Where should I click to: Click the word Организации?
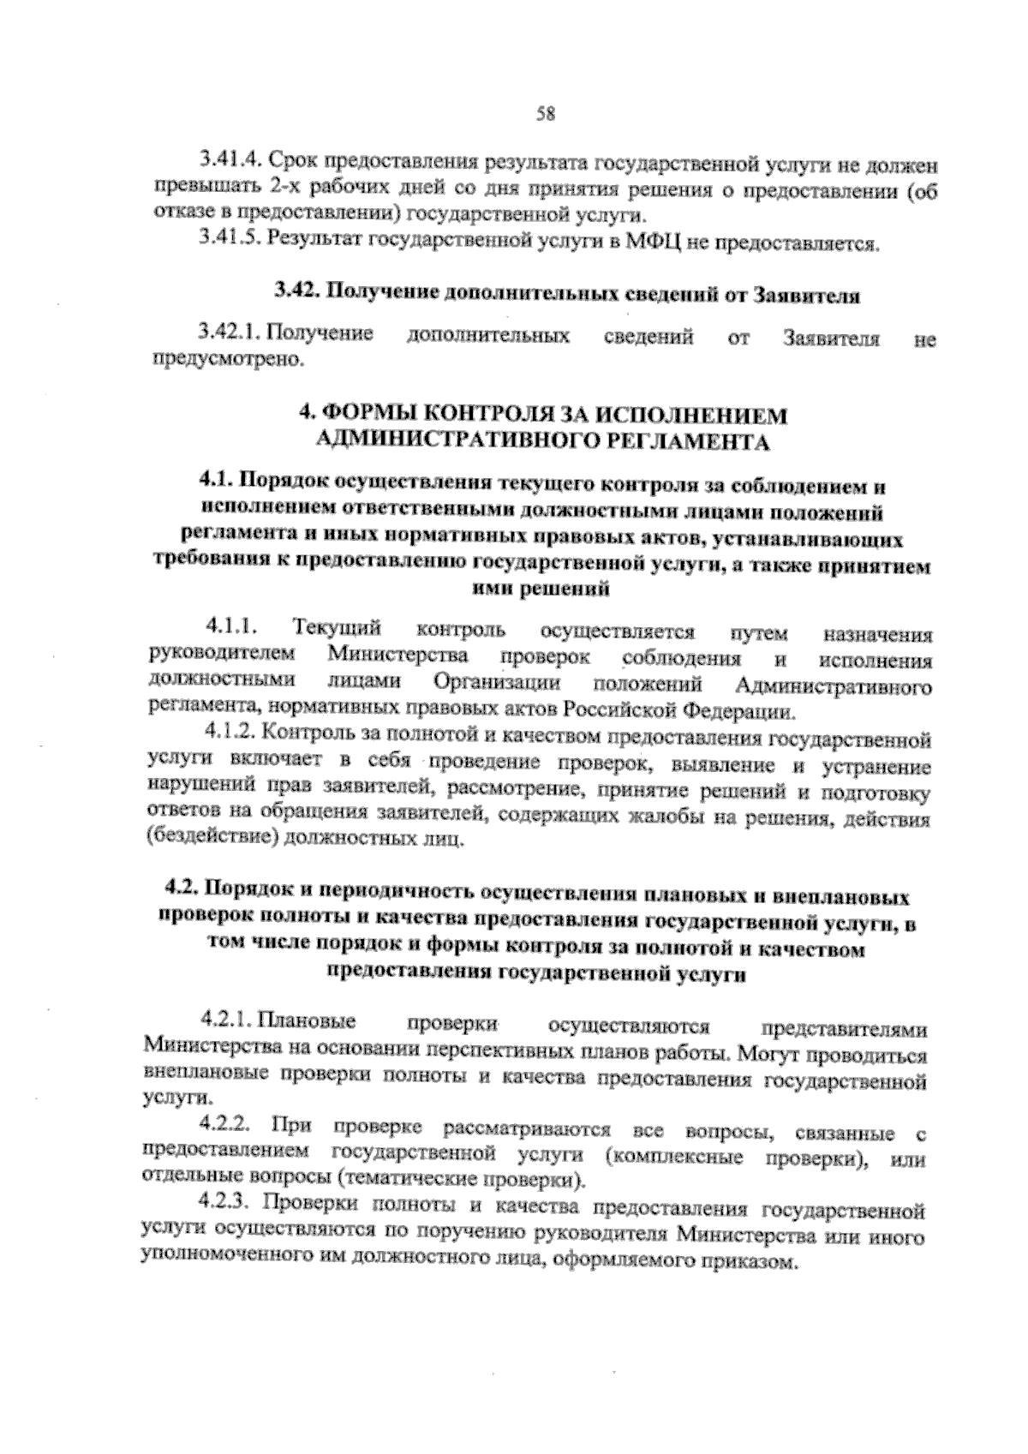click(497, 683)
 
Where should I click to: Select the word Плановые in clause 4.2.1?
click(306, 1020)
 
